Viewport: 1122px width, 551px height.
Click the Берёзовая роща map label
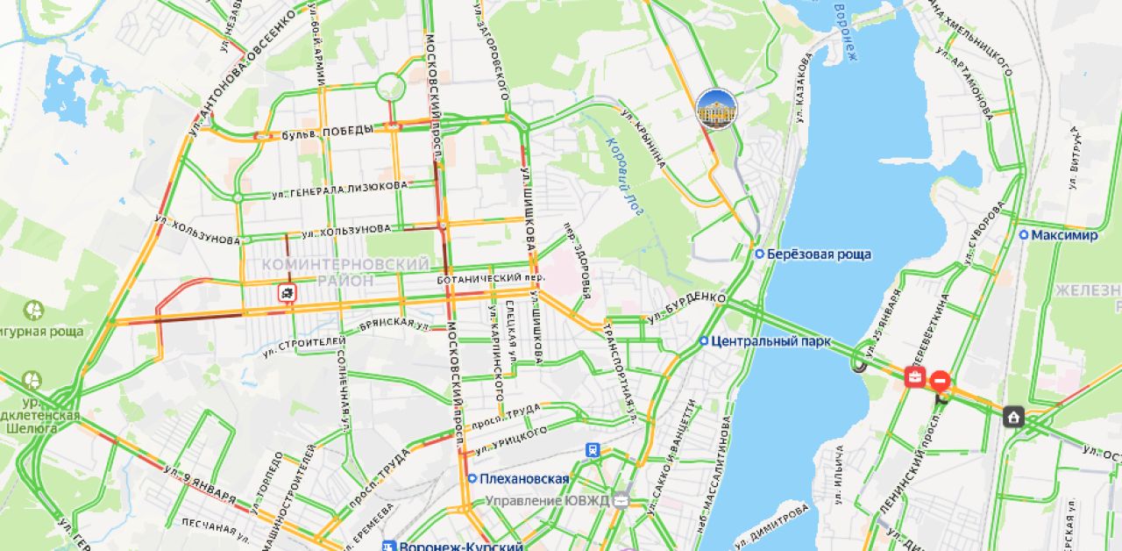(x=819, y=254)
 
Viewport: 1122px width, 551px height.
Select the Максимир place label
(x=1063, y=236)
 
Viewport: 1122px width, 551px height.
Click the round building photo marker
(x=716, y=110)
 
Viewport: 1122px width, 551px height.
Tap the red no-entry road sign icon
(x=940, y=381)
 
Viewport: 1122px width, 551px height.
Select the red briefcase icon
(x=914, y=377)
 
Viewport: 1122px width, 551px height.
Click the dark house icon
(x=1014, y=416)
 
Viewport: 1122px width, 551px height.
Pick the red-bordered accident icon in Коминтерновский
(x=287, y=292)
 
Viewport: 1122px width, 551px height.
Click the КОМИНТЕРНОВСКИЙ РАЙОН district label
(x=346, y=272)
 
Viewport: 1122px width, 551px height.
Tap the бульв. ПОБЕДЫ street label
(x=327, y=132)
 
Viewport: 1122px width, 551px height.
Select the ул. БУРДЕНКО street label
(x=686, y=305)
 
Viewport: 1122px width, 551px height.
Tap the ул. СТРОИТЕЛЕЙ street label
(x=298, y=346)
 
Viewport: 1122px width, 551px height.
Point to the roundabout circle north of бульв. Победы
(x=390, y=87)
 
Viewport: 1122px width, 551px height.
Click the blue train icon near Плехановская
(x=593, y=450)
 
